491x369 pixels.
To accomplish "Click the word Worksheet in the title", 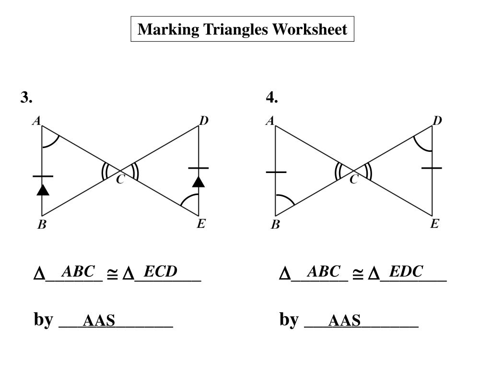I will [x=310, y=29].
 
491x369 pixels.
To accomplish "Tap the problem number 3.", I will [x=26, y=98].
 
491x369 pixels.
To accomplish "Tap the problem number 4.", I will [x=272, y=98].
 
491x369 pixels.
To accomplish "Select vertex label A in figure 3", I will [x=36, y=122].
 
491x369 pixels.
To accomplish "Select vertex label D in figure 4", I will [x=437, y=121].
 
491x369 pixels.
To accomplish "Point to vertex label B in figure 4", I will [x=275, y=224].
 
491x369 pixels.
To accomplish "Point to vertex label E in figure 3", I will [x=201, y=224].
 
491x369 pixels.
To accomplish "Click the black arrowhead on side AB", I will [x=43, y=190].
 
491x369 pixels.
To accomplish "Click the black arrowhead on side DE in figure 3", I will [x=199, y=182].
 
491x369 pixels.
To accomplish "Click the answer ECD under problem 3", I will [x=161, y=272].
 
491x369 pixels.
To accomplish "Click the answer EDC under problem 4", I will [x=406, y=272].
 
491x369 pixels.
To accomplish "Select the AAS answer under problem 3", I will [x=99, y=320].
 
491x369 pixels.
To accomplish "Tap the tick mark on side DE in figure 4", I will [x=432, y=168].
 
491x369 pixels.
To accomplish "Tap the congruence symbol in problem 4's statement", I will [x=358, y=274].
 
